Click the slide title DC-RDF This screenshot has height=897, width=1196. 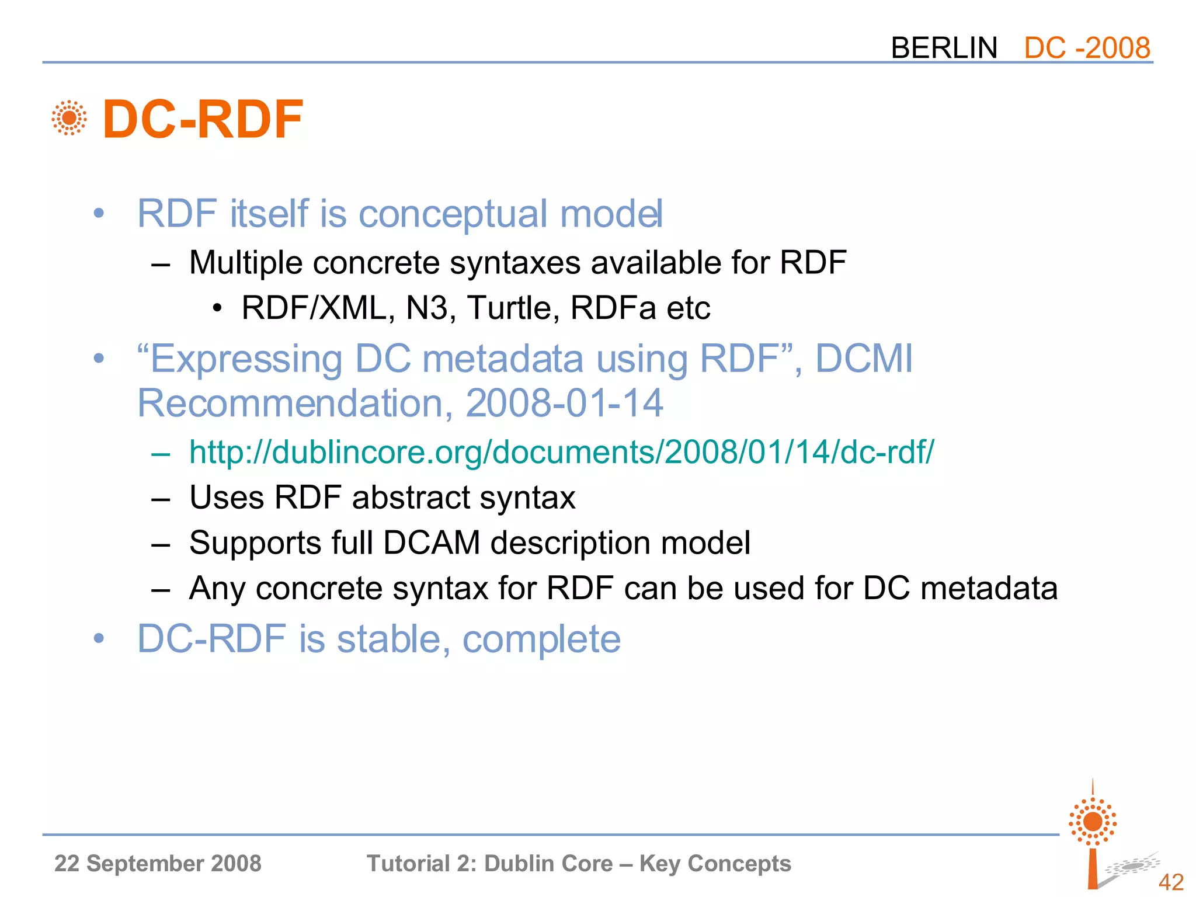point(203,120)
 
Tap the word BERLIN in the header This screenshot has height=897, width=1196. point(944,48)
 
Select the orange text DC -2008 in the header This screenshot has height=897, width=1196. point(1087,48)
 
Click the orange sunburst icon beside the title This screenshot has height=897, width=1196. point(69,118)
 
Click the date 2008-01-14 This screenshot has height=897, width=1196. point(564,403)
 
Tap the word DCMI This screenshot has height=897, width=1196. point(864,358)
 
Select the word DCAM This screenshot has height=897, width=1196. point(432,543)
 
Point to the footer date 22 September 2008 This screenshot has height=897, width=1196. point(158,864)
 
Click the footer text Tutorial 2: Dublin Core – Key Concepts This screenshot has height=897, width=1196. point(578,864)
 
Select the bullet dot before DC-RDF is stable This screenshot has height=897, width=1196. point(99,638)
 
